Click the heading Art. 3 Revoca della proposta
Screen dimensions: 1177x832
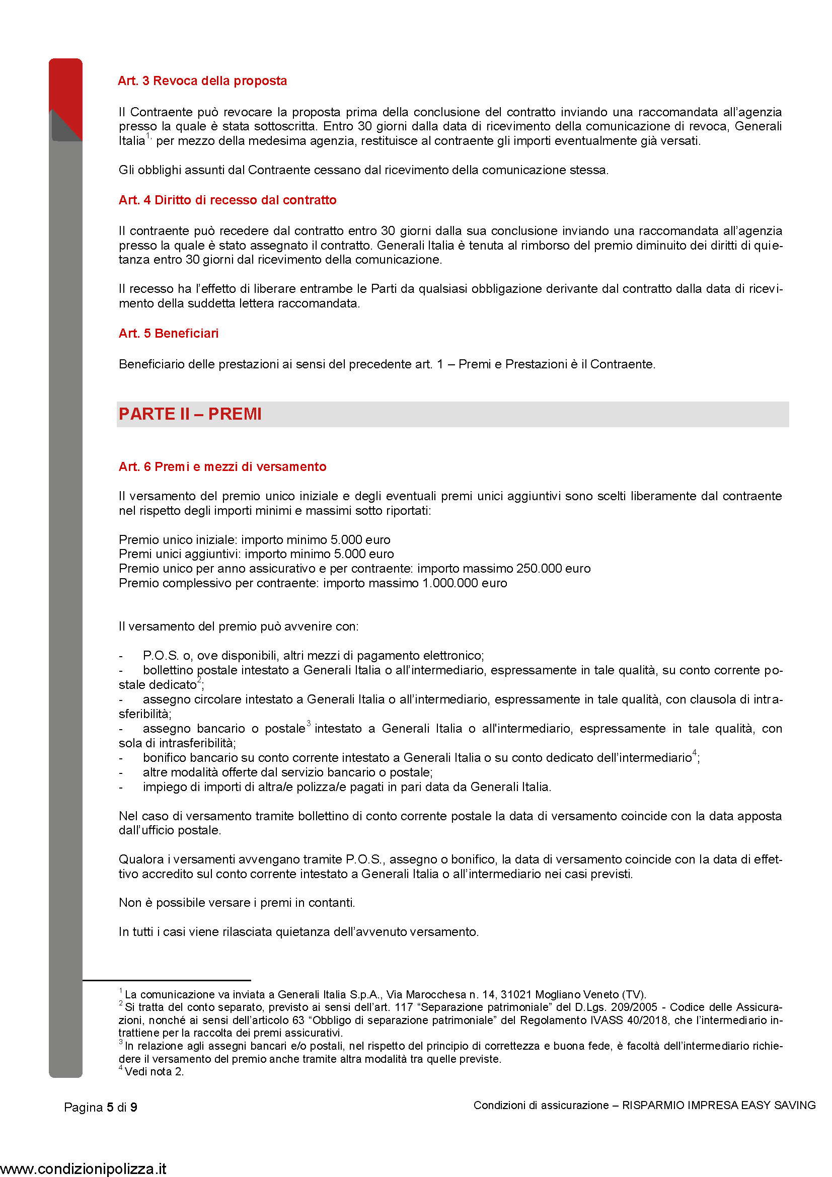[x=202, y=81]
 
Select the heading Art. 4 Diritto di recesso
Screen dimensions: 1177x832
[x=227, y=200]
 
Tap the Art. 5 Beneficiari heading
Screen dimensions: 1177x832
[x=169, y=333]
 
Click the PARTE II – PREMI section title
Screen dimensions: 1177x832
[x=190, y=414]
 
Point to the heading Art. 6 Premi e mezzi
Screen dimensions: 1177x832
[x=222, y=466]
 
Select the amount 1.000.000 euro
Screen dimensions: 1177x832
[x=465, y=583]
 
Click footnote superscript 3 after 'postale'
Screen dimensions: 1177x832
[x=309, y=723]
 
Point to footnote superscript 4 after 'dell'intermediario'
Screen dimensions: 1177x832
[x=695, y=752]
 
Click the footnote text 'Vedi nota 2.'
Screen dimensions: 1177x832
[x=154, y=1071]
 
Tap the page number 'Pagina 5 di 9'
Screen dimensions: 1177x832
[x=101, y=1107]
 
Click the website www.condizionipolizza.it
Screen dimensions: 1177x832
[x=83, y=1169]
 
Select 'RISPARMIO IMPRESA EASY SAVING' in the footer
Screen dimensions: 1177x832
[x=719, y=1105]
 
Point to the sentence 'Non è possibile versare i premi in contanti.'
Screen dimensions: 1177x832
[x=237, y=903]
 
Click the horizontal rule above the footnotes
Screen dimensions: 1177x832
[x=167, y=980]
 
